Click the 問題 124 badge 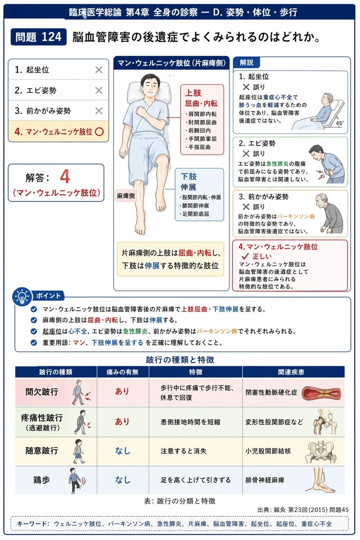38,37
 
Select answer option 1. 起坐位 32,70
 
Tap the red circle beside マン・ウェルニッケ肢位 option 99,132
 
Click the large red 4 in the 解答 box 65,176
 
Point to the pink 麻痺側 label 126,196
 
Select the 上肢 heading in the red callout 193,93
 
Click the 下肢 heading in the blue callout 189,176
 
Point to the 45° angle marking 340,123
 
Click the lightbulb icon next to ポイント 22,297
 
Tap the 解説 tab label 246,63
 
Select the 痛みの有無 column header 122,372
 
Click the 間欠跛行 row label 42,392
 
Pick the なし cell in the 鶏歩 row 123,480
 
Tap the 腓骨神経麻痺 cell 265,480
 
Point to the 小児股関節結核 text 268,451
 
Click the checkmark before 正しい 245,256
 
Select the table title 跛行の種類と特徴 180,360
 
